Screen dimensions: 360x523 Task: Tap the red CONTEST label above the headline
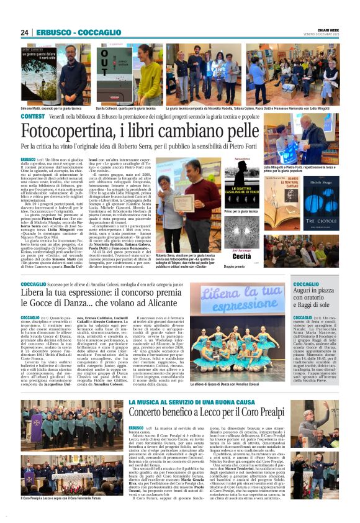tap(33, 117)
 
